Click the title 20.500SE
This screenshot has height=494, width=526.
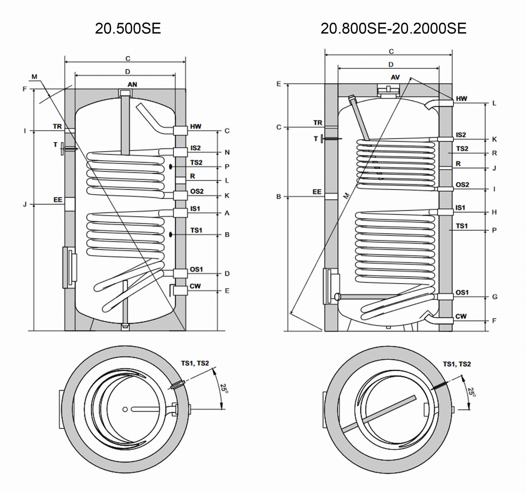128,28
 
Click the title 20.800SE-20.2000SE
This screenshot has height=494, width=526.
393,28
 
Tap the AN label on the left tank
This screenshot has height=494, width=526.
132,84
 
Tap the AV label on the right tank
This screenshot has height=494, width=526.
395,77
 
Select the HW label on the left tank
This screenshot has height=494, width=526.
196,126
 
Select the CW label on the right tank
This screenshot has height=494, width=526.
461,316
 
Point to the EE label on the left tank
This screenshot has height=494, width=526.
58,200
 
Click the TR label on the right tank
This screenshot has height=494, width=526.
318,123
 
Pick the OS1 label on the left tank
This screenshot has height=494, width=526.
196,269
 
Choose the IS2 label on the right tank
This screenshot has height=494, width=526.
461,135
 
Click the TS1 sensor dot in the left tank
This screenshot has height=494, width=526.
171,235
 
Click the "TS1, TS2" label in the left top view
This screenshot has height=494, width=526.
195,363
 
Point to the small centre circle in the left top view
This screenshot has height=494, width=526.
125,409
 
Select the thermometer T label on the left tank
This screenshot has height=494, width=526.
55,144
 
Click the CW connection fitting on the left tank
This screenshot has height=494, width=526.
180,291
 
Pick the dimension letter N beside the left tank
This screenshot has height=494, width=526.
227,152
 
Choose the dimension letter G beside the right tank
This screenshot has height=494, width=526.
494,297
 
